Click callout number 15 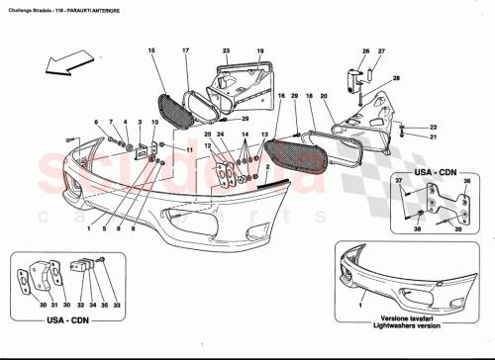pyautogui.click(x=151, y=49)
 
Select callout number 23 pyautogui.click(x=226, y=49)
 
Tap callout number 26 pyautogui.click(x=364, y=50)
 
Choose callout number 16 pyautogui.click(x=282, y=96)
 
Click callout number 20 pyautogui.click(x=324, y=96)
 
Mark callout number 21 pyautogui.click(x=433, y=137)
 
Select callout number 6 pyautogui.click(x=97, y=122)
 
